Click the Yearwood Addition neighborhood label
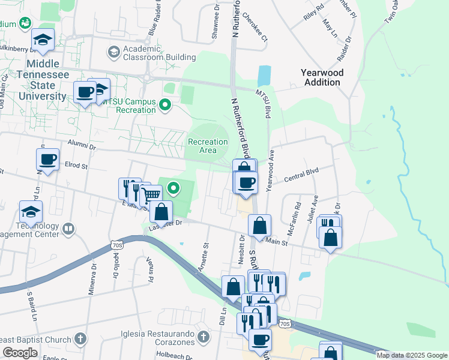click(x=322, y=77)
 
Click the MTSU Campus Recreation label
click(x=127, y=106)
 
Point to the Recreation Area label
click(x=208, y=146)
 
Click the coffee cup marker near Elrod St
click(x=47, y=160)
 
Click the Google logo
click(x=20, y=353)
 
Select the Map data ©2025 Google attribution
click(x=411, y=355)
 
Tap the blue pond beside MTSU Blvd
click(x=264, y=76)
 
